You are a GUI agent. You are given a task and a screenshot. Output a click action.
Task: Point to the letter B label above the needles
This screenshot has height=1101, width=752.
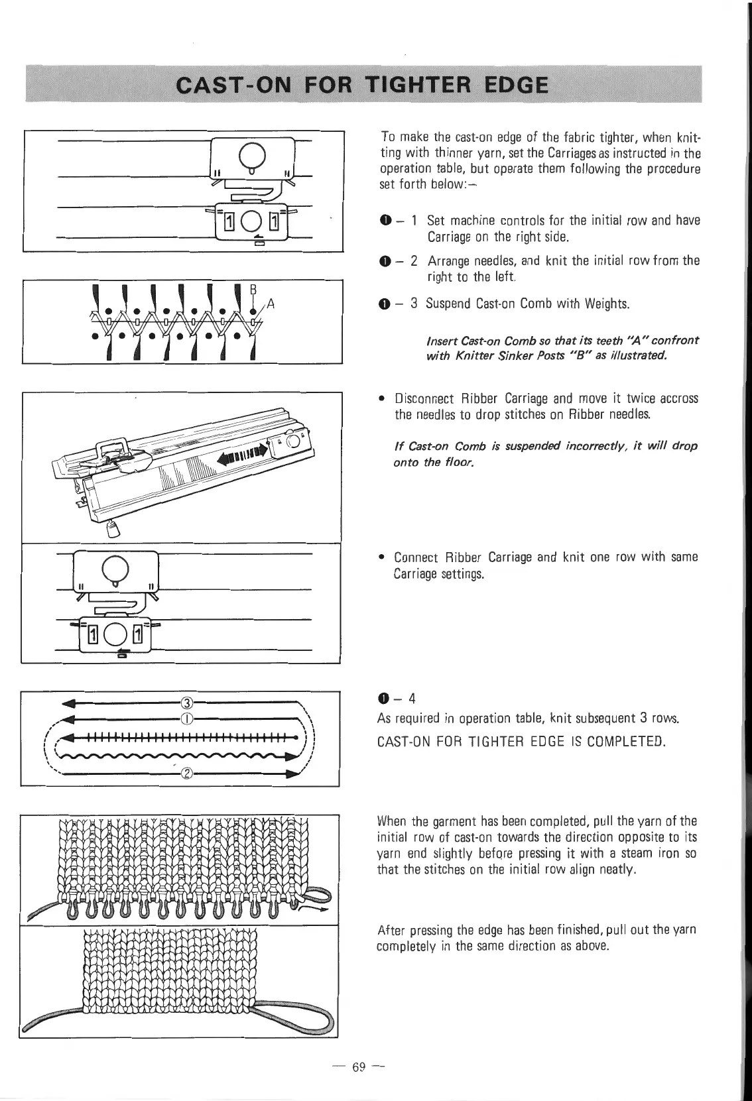point(252,289)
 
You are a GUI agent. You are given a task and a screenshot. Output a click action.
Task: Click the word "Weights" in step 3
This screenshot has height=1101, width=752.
point(604,304)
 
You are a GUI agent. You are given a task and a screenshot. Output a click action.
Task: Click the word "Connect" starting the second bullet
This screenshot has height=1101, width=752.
point(415,557)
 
